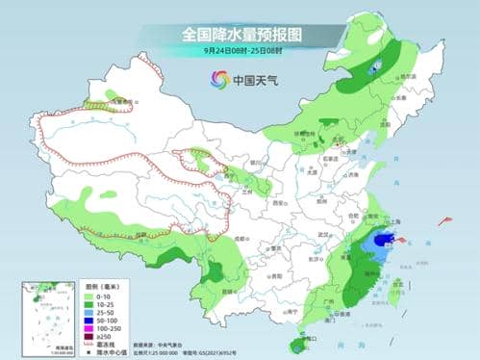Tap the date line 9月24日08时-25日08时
pyautogui.click(x=240, y=49)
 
